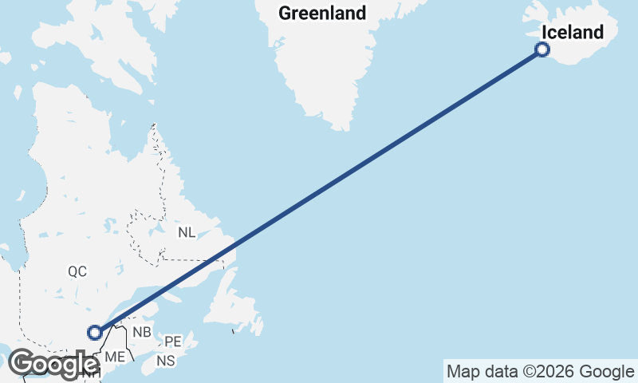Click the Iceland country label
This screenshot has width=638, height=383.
click(x=572, y=33)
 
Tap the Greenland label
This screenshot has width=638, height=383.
click(x=322, y=13)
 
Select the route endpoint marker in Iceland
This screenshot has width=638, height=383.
click(x=542, y=50)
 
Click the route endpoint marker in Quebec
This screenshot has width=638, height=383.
click(x=95, y=332)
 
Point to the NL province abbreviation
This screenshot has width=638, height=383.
click(x=187, y=232)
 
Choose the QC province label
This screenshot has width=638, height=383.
click(x=77, y=271)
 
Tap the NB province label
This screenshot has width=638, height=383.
click(x=142, y=332)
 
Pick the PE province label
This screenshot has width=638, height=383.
click(x=174, y=342)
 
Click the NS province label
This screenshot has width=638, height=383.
click(x=166, y=361)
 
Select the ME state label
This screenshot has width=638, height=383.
click(x=115, y=357)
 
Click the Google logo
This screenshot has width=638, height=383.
click(x=54, y=365)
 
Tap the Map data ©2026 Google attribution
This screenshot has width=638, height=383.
click(x=540, y=371)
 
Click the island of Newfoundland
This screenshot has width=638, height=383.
click(x=239, y=307)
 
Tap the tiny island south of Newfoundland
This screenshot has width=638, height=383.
click(x=233, y=330)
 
